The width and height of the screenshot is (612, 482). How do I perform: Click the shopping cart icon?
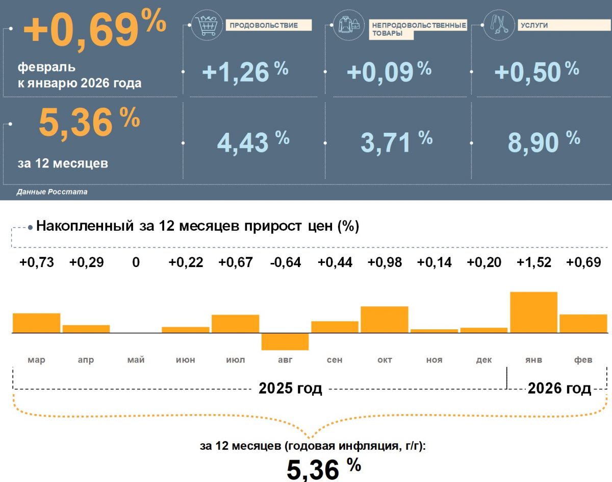pos(207,25)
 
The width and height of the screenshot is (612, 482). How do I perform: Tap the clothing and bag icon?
pos(350,25)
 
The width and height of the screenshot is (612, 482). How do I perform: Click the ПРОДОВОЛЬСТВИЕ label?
pos(263,25)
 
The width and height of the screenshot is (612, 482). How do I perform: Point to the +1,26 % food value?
pos(245,71)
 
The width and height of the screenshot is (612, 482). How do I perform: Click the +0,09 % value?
pos(389,71)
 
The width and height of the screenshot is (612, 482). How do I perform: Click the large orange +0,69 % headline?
pos(95,29)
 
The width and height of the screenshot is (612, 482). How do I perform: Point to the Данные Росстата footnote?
pos(52,192)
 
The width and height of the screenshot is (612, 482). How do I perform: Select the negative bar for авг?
pos(285,342)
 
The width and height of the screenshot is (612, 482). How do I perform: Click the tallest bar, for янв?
pos(533,312)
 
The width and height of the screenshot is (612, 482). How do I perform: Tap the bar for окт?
pos(385,320)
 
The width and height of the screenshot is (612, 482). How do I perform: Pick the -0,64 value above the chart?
pos(285,262)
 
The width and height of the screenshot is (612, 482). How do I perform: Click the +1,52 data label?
pos(533,262)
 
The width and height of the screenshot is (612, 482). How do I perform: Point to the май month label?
pos(136,360)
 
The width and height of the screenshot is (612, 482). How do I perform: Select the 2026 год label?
pos(559,389)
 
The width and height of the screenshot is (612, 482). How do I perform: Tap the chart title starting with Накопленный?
pos(198,226)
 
